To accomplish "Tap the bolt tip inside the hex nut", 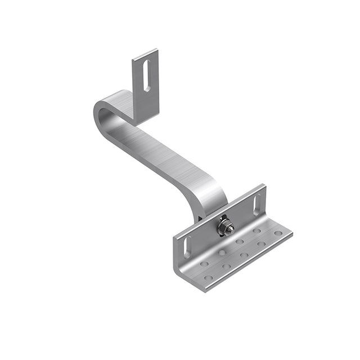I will [x=225, y=227].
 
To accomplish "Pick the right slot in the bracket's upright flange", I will [x=257, y=204].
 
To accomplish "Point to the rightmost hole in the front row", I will [x=279, y=233].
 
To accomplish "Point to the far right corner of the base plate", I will [x=292, y=232].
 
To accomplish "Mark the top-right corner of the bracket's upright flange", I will [x=263, y=185].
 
